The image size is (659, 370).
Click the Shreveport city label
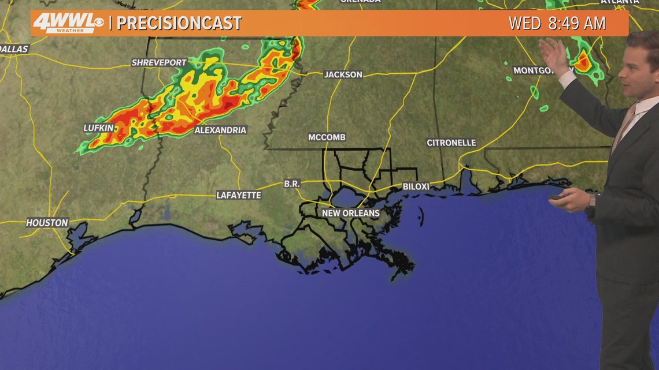160,62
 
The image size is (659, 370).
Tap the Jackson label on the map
343,74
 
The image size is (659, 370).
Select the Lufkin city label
99,128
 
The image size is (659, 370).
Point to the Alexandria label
220,130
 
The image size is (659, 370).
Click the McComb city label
327,137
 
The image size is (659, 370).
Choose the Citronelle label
451,143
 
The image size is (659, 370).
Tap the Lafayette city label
239,195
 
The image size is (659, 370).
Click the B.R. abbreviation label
292,184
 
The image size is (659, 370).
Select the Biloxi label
416,186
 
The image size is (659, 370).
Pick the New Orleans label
351,213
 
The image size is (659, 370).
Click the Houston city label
47,222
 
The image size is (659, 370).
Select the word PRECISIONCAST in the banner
179,24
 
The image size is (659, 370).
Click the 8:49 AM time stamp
579,24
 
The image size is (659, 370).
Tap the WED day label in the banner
524,24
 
